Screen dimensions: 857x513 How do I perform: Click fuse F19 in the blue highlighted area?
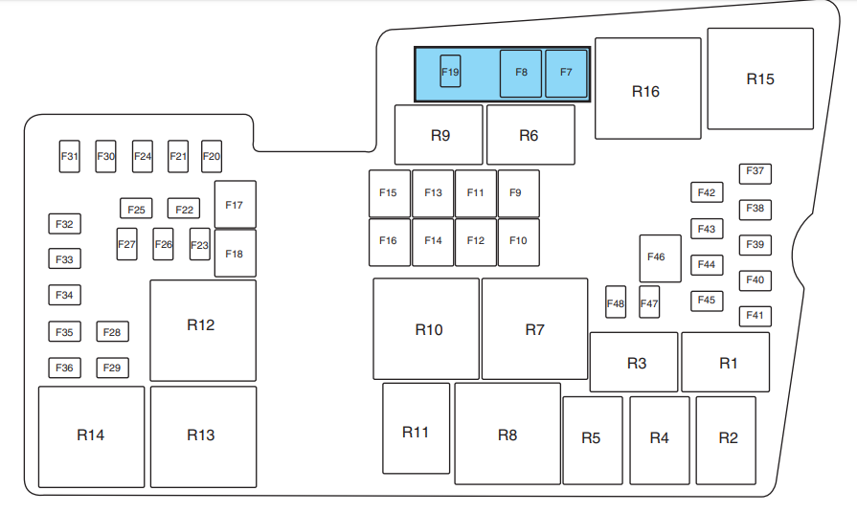(x=450, y=71)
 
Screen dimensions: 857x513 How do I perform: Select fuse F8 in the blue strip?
(x=521, y=74)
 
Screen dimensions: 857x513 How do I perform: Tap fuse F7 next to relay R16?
(x=566, y=74)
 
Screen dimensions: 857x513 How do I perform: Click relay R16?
(x=647, y=88)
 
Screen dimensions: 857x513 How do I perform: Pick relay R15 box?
(x=760, y=78)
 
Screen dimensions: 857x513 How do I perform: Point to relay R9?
(x=439, y=135)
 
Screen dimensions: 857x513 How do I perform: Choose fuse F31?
(x=69, y=156)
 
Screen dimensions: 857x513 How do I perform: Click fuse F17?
(x=235, y=204)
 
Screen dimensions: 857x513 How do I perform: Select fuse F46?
(x=661, y=258)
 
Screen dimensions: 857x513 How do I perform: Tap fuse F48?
(x=616, y=301)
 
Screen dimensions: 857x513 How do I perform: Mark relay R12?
(x=203, y=330)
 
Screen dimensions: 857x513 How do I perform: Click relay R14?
(x=91, y=437)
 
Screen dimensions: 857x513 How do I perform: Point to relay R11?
(x=416, y=429)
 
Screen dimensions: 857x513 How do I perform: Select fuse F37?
(x=756, y=174)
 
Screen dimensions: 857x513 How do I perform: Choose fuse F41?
(x=756, y=317)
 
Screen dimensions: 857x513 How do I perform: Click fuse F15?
(x=390, y=193)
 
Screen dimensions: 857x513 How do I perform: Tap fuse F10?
(x=519, y=242)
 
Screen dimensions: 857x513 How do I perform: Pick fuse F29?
(x=113, y=368)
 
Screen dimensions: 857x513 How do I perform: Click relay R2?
(x=726, y=440)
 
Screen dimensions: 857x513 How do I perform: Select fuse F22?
(x=184, y=208)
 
